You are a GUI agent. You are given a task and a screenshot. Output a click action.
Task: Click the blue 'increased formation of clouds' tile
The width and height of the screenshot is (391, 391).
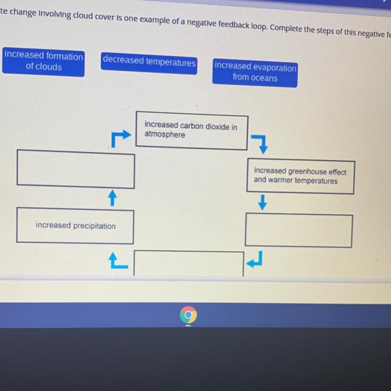(43, 62)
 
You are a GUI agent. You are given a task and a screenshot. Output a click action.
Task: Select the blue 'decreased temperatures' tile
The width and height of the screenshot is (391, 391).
(149, 62)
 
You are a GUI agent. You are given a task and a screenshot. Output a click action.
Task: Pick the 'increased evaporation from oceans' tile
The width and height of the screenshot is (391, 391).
(255, 73)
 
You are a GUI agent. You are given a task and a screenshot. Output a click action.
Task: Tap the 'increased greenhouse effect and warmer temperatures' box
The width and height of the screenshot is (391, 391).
(300, 176)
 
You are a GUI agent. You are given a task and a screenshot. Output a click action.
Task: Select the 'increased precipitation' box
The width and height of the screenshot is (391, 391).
(75, 226)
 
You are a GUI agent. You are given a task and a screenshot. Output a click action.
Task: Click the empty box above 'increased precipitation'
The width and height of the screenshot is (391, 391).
(76, 168)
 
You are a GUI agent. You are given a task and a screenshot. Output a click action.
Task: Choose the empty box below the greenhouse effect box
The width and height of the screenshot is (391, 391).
(299, 230)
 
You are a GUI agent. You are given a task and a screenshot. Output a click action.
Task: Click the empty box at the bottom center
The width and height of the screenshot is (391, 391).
(189, 263)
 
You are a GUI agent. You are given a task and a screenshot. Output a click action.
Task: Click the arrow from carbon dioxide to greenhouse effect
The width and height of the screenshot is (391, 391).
(259, 143)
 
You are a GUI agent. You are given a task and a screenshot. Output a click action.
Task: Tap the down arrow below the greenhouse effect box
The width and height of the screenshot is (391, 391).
(263, 204)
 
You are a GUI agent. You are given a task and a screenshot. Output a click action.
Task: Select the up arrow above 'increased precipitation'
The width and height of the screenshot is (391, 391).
(111, 198)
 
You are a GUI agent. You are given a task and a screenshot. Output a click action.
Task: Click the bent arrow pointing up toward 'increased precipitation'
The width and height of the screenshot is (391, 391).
(117, 260)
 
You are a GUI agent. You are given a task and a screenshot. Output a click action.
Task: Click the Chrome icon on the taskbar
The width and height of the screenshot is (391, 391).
(188, 314)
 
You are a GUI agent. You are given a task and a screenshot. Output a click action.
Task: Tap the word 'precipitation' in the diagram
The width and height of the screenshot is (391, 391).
(91, 226)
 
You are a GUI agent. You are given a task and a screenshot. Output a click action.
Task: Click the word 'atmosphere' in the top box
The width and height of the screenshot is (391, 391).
(165, 135)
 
